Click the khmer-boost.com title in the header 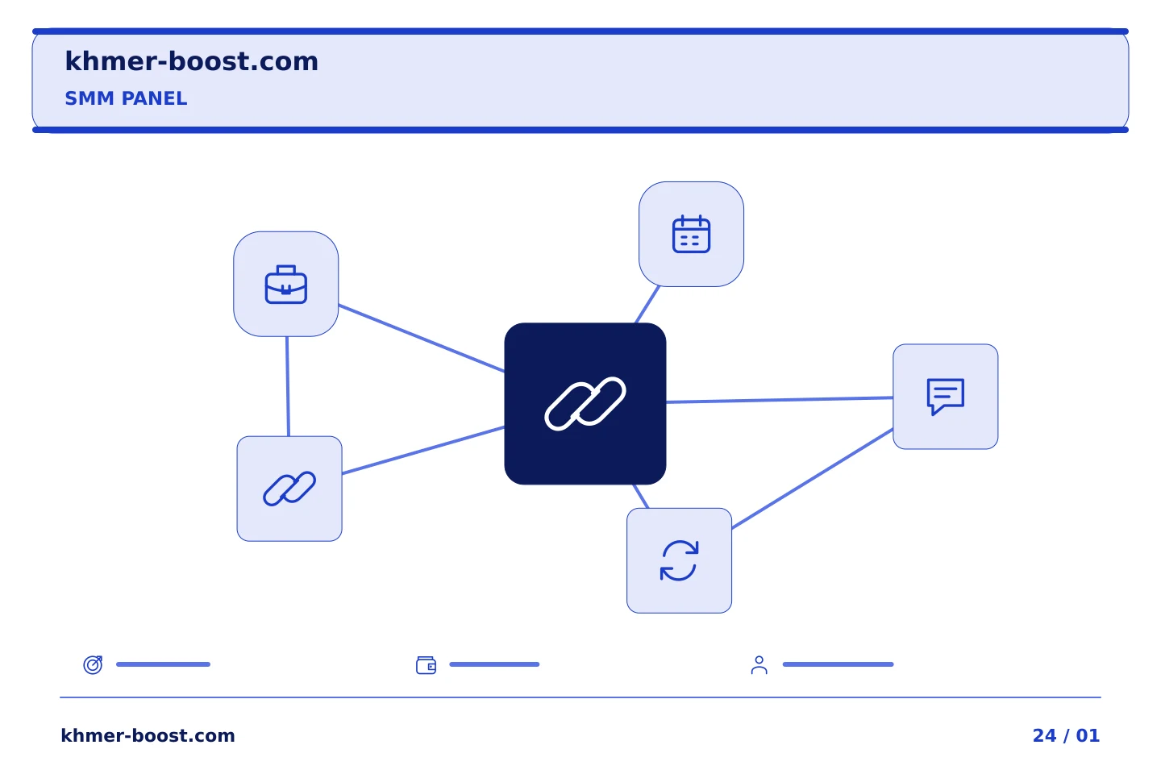coord(191,61)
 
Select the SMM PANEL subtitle coord(126,98)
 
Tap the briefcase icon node coord(286,284)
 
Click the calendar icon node coord(692,235)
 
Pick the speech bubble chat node coord(946,397)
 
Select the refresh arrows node coord(679,560)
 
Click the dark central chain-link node coord(585,404)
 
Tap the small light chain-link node coord(289,489)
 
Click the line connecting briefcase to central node coord(422,339)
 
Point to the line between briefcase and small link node coord(288,386)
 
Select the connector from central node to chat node coord(780,400)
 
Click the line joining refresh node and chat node coord(812,478)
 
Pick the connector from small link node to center coord(423,450)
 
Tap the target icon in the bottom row coord(94,664)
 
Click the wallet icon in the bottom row coord(426,665)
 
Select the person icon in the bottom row coord(759,665)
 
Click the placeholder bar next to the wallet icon coord(494,664)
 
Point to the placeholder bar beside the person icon coord(838,664)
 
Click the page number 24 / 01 coord(1066,735)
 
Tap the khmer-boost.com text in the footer coord(148,735)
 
